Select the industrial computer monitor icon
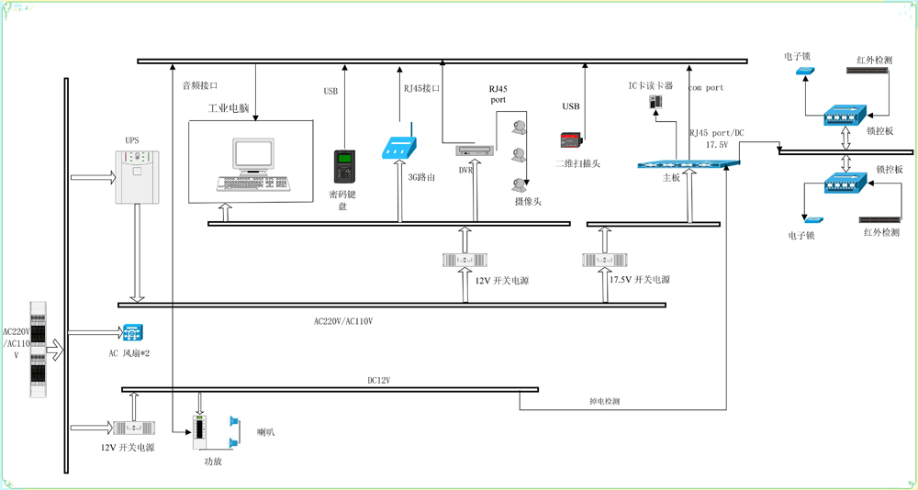pos(253,163)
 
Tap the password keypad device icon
pos(342,165)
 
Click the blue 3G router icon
pos(402,147)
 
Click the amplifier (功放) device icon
pos(201,432)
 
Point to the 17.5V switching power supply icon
pos(603,261)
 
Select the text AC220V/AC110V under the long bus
pos(343,321)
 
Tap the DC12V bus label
pos(380,380)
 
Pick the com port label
pos(706,88)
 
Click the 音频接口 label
pos(199,85)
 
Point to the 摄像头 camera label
pos(528,201)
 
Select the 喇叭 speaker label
pos(266,431)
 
